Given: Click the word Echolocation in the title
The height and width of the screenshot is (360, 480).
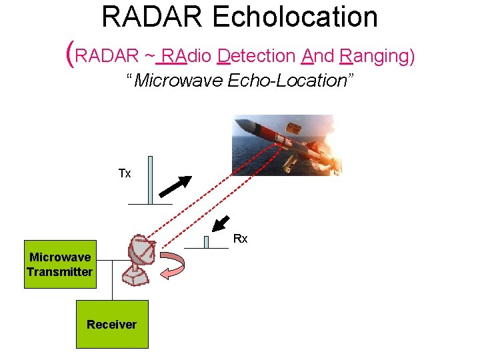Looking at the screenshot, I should pos(295,17).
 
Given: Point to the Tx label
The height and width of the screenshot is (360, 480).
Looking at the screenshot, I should pos(125,173).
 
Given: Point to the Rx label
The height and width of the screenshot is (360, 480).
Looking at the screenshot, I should pos(241,239).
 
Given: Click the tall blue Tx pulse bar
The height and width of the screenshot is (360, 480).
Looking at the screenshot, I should pos(150,179).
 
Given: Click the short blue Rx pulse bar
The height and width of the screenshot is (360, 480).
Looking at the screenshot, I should pos(207,241).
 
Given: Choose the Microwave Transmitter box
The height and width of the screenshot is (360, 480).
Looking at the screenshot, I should pos(59,264).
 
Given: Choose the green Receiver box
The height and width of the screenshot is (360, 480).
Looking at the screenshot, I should pos(111,324).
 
